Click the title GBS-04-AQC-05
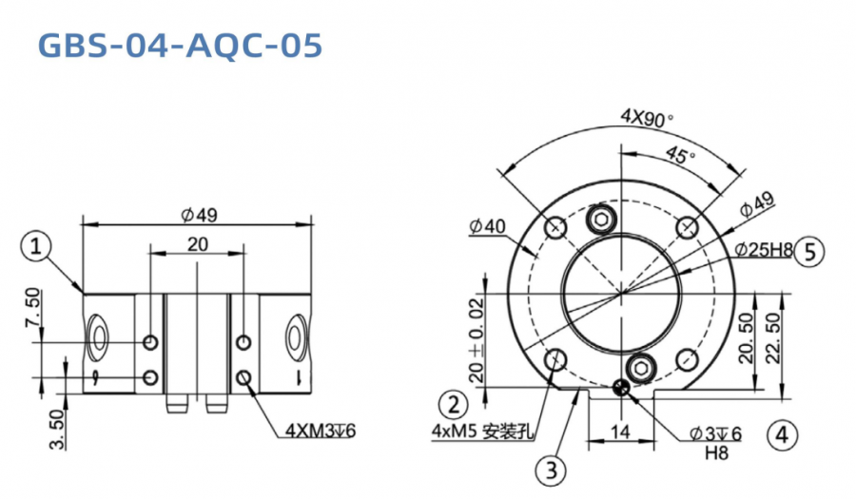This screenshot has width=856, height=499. tap(180, 45)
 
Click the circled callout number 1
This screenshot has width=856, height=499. tap(35, 247)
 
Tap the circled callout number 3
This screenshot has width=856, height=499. tap(554, 468)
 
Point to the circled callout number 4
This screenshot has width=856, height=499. tap(781, 435)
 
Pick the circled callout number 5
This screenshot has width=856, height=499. tap(809, 251)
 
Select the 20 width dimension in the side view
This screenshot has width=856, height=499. tap(197, 244)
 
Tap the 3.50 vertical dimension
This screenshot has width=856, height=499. tap(57, 429)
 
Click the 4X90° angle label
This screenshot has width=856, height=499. tap(647, 118)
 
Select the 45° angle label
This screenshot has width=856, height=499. tap(678, 154)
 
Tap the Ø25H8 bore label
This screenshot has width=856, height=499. tap(764, 250)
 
